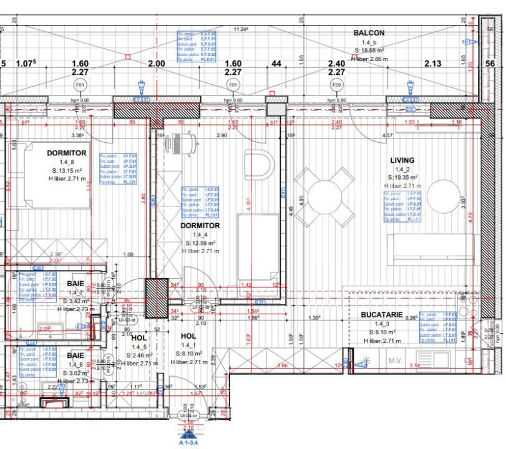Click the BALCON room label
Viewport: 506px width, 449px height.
[369, 32]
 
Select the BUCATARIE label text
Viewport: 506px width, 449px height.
[381, 316]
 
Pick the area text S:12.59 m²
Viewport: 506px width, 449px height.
[200, 243]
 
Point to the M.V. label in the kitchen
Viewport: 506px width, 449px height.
[394, 360]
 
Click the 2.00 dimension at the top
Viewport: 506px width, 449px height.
[156, 64]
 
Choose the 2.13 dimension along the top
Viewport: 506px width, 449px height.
[432, 64]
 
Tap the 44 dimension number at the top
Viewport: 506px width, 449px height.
[276, 64]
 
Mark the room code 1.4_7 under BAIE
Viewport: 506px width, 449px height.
[75, 292]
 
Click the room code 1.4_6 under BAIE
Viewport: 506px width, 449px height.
[75, 364]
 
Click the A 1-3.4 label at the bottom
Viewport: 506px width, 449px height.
[188, 443]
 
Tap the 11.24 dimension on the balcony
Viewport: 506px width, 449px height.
[241, 29]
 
